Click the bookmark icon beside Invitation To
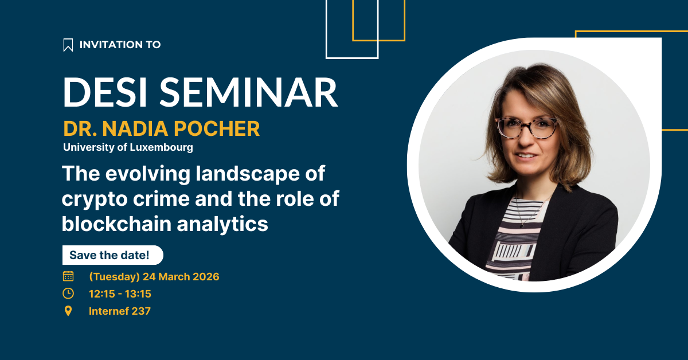click(x=68, y=45)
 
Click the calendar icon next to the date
click(x=68, y=276)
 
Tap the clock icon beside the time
click(x=68, y=294)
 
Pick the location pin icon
click(x=68, y=311)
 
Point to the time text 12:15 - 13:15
click(x=120, y=294)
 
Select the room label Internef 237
click(x=120, y=311)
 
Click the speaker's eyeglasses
click(x=527, y=127)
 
